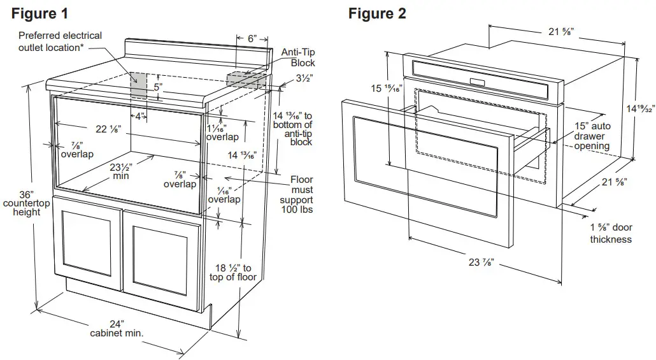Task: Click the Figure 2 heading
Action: tap(377, 13)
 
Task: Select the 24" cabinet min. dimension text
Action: tap(117, 328)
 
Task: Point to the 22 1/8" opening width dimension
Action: tap(110, 129)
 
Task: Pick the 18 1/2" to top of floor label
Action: tap(233, 272)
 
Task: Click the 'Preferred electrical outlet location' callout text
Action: tap(60, 41)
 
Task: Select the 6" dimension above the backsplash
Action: tap(252, 39)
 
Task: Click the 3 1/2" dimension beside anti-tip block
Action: tap(303, 80)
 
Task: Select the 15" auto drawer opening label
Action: tap(592, 136)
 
